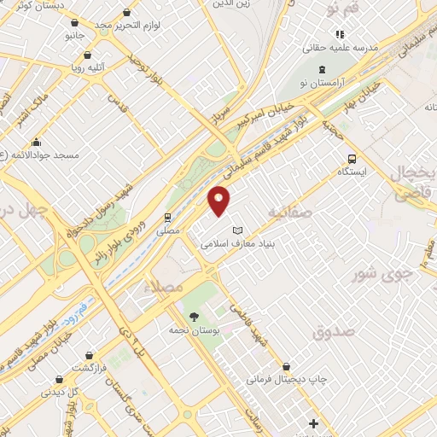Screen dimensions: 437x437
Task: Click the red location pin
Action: [x=219, y=200]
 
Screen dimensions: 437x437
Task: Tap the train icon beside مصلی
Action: [x=168, y=217]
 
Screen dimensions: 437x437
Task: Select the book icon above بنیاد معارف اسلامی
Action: [x=238, y=230]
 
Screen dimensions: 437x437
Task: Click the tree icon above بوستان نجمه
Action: [x=195, y=317]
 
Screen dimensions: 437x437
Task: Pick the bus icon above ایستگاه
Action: [x=353, y=158]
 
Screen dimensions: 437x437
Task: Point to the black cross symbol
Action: [x=313, y=423]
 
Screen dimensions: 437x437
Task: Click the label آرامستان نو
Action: [x=321, y=81]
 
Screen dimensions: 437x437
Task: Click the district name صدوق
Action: [x=331, y=331]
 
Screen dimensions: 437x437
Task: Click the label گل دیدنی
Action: [x=86, y=393]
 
